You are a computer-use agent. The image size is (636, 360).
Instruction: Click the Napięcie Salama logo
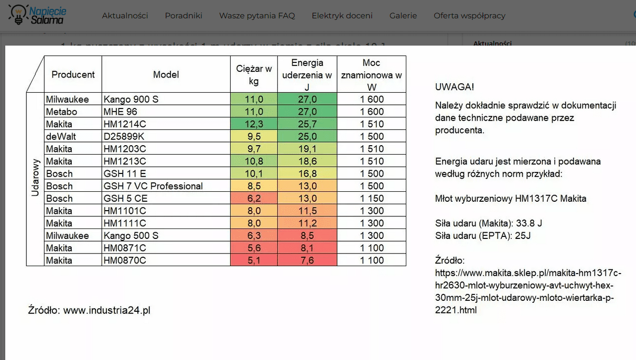37,15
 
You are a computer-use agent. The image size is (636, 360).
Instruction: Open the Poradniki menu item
184,16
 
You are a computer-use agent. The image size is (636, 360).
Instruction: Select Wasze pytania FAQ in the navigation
257,16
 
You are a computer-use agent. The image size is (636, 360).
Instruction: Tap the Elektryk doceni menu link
342,16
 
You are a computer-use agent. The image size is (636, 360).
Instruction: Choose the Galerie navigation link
403,16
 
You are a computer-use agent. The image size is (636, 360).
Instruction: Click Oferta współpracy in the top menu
469,16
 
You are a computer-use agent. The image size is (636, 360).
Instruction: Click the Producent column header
73,74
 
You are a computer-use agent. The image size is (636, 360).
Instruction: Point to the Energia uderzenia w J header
307,74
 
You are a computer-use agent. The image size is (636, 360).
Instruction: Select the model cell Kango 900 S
131,100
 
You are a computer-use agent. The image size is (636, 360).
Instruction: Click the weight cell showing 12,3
254,124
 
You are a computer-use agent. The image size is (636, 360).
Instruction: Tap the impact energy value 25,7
307,124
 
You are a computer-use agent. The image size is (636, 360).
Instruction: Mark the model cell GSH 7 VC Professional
153,186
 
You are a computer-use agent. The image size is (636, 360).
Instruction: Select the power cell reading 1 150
372,199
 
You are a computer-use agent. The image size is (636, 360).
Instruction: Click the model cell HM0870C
125,260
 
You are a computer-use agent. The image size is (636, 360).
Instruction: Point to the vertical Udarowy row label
35,178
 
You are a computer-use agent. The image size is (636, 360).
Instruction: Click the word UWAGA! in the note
454,87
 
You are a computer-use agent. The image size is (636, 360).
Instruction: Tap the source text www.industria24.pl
107,310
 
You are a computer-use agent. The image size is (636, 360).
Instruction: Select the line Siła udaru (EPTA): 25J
483,236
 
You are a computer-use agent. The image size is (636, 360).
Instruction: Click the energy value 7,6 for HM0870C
307,260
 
